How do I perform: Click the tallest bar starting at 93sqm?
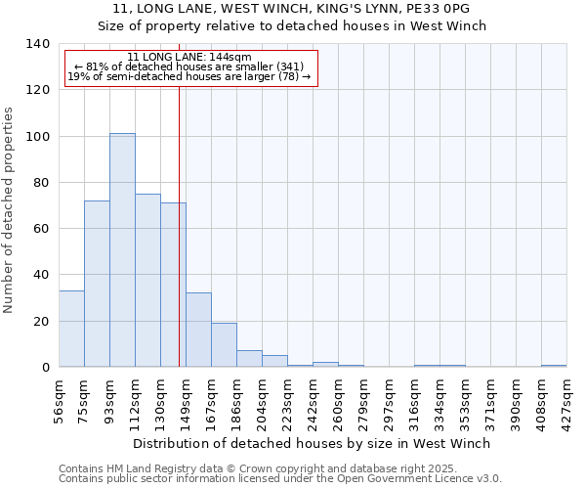pos(122,250)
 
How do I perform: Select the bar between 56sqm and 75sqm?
pos(71,329)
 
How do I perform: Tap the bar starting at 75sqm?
pos(97,284)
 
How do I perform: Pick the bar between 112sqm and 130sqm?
pos(147,281)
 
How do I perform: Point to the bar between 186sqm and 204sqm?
pos(249,359)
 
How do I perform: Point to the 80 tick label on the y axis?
pos(40,183)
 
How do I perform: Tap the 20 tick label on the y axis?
pos(40,322)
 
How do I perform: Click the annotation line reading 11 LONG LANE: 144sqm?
pos(190,58)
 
